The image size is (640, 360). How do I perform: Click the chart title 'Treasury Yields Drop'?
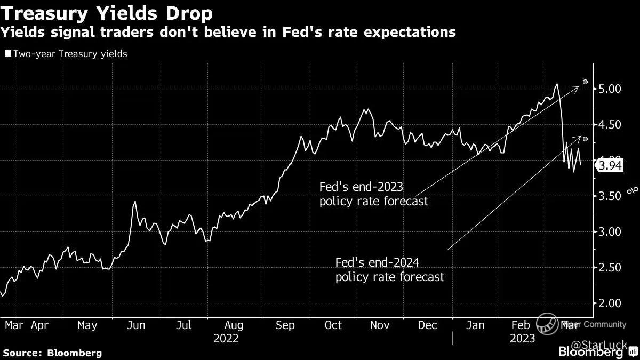(x=107, y=12)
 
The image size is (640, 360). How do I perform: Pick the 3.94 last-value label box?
(x=610, y=166)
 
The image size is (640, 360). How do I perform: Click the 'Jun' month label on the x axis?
(x=136, y=325)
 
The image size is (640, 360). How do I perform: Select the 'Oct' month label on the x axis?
(x=333, y=325)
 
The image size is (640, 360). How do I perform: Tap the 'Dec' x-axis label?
(x=428, y=325)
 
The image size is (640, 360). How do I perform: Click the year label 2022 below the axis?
(x=226, y=339)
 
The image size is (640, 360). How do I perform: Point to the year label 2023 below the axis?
(x=522, y=339)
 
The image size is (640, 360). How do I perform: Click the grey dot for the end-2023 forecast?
(x=585, y=82)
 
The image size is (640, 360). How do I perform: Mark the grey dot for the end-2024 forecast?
(x=585, y=139)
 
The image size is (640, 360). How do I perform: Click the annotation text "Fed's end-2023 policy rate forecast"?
(x=373, y=195)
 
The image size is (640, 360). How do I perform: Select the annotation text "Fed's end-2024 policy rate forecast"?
(x=389, y=270)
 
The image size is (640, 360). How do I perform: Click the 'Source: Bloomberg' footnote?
(x=52, y=353)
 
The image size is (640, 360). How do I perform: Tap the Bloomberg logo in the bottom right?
(x=590, y=351)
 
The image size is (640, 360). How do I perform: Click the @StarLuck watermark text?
(x=608, y=339)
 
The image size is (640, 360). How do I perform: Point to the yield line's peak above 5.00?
(x=556, y=84)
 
